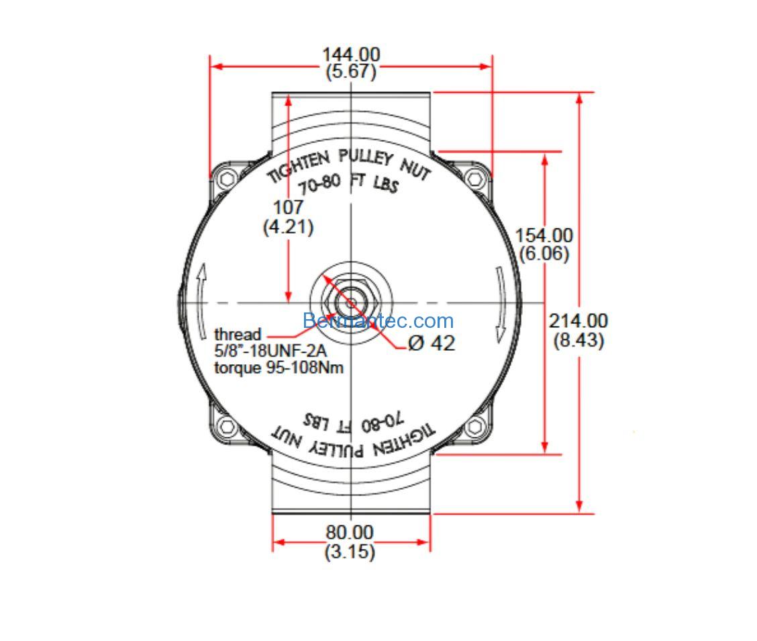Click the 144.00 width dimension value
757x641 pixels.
351,54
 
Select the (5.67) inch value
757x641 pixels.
351,71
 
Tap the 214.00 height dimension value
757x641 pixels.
578,321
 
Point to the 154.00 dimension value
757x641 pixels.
544,235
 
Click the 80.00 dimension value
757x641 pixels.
350,532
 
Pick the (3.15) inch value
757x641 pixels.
350,551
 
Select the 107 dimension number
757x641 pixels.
288,207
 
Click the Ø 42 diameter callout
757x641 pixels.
431,343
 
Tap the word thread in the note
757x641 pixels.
238,334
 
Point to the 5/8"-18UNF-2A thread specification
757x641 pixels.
270,351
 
